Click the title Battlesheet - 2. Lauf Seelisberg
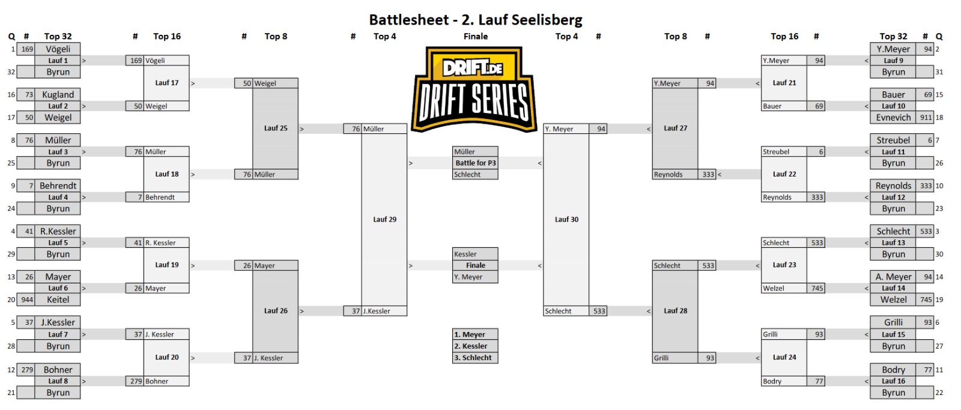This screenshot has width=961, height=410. click(x=476, y=20)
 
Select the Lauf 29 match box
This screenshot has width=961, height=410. click(x=384, y=220)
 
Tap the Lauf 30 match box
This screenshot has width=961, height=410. click(x=566, y=220)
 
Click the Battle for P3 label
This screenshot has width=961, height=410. click(x=475, y=163)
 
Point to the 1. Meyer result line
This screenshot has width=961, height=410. click(x=475, y=335)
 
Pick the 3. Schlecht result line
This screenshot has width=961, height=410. click(x=475, y=358)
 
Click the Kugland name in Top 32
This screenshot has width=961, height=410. click(x=58, y=95)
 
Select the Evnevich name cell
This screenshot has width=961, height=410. click(x=893, y=118)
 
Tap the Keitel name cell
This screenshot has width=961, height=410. click(x=58, y=300)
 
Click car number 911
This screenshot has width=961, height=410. click(x=926, y=118)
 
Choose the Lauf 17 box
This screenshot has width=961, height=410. click(x=166, y=83)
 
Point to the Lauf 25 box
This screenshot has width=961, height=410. click(x=276, y=128)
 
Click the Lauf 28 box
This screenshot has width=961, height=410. click(x=675, y=311)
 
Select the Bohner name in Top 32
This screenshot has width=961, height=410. click(x=58, y=370)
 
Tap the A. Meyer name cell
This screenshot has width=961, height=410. click(x=893, y=277)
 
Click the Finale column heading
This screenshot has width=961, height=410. click(x=475, y=37)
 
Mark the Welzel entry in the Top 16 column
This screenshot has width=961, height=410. click(x=774, y=289)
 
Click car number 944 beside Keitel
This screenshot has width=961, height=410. click(x=27, y=300)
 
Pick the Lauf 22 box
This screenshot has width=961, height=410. click(x=784, y=174)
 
